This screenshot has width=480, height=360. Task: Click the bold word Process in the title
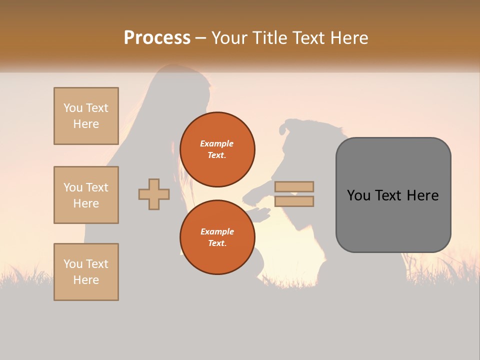coord(157,38)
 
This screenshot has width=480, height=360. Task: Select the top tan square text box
coord(86,116)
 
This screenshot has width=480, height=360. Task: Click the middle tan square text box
coord(86,195)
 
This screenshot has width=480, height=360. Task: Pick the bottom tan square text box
coord(86,272)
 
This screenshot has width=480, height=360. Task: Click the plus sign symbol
coord(154,194)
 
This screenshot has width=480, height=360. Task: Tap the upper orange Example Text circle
coord(217,149)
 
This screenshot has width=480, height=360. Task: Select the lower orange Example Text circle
coord(217,237)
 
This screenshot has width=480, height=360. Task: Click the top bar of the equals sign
coord(294,187)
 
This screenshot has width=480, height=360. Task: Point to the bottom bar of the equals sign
coord(294,201)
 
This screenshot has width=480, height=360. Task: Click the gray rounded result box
coord(393,195)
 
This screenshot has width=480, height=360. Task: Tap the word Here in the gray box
coord(422,195)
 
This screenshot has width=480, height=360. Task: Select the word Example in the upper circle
coord(217,143)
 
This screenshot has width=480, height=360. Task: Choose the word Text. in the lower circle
coord(217,243)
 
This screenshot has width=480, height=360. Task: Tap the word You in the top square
coord(73,108)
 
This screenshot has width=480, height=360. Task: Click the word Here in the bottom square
coord(86,280)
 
